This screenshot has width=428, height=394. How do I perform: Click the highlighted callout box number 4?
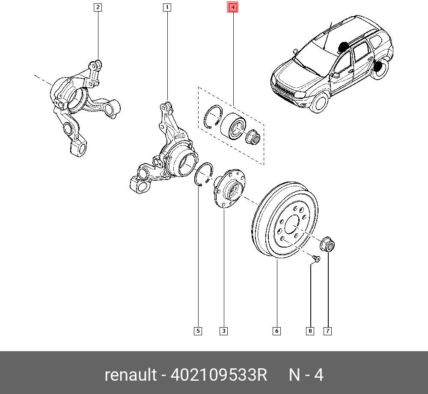pos(233,7)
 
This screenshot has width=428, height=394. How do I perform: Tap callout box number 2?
pos(98,7)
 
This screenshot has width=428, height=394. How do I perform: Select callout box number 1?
pos(167,7)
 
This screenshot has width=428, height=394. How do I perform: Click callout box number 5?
pos(198,331)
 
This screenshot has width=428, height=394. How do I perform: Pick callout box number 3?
pos(223,331)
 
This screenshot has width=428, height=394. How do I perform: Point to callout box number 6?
pos(276,331)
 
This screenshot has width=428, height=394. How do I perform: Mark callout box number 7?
pos(328,331)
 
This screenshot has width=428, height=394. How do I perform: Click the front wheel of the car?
pos(319,103)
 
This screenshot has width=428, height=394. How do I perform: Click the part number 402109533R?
pos(219,375)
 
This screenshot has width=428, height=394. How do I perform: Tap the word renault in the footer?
pos(131,375)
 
